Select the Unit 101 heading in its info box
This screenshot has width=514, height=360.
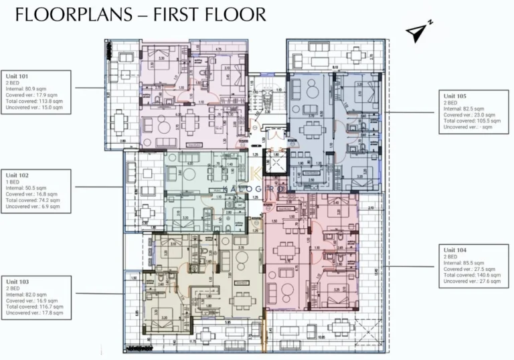pyautogui.click(x=17, y=76)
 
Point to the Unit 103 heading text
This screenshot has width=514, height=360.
pyautogui.click(x=17, y=282)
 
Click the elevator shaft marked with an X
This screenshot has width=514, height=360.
pyautogui.click(x=275, y=163)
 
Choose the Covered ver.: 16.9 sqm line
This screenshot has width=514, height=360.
pyautogui.click(x=33, y=300)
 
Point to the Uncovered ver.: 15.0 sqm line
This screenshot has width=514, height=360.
pyautogui.click(x=34, y=107)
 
